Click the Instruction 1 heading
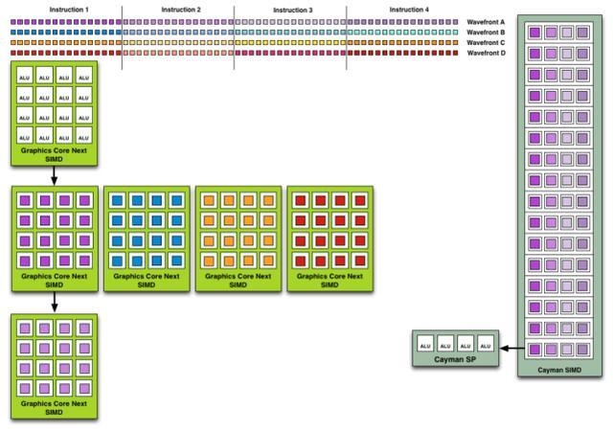[69, 10]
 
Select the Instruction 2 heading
[181, 10]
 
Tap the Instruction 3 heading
[293, 10]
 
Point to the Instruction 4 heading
[409, 10]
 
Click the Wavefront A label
[486, 22]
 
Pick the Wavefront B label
[486, 32]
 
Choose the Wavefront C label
[486, 42]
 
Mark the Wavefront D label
[486, 53]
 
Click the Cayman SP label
[455, 359]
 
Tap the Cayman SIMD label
[559, 370]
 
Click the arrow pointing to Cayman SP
[512, 348]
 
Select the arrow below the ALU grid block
[54, 175]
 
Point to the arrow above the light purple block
[55, 302]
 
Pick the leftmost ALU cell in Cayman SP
[425, 343]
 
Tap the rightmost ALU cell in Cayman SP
[486, 343]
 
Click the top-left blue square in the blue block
[117, 200]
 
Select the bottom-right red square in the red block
[360, 261]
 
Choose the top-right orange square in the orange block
[268, 200]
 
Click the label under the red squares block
[329, 281]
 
